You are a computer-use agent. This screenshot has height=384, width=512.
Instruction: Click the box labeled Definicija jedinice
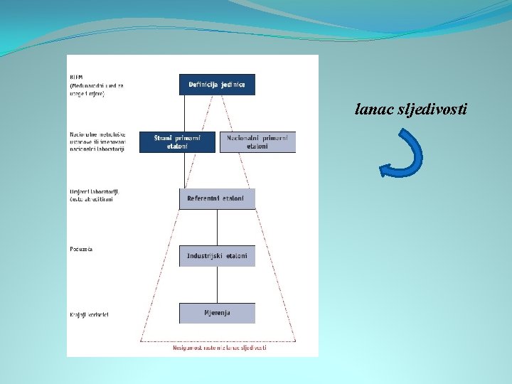coord(217,85)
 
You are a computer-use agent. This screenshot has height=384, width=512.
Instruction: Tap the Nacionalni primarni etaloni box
coord(258,142)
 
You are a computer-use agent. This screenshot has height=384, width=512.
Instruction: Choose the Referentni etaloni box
coord(217,198)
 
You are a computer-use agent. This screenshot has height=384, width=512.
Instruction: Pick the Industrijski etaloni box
coord(217,255)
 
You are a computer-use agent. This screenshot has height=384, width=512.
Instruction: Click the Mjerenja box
coord(217,312)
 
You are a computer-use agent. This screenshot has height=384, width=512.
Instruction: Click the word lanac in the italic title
coord(371,110)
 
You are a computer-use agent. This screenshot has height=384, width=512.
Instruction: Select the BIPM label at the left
coord(76,76)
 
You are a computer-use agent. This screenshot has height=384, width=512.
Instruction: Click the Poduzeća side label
coord(81,250)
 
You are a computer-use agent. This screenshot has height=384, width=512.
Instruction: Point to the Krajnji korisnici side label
coord(89,314)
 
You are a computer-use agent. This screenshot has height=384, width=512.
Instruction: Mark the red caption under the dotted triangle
coord(220,348)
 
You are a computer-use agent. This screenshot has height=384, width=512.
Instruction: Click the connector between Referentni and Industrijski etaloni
coord(217,227)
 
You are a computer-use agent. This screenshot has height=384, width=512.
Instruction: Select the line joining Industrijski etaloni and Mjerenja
coord(217,284)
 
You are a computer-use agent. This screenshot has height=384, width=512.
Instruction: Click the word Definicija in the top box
coord(203,85)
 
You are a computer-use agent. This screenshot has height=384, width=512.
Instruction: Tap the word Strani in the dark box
coord(166,138)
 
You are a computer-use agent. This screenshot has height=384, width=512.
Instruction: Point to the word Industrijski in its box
coord(205,255)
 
